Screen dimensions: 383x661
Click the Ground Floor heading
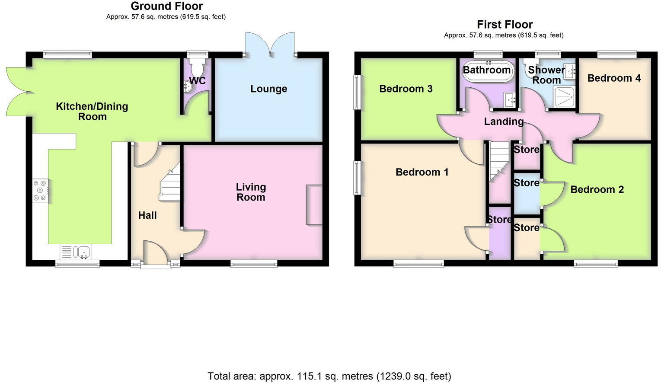click(x=166, y=6)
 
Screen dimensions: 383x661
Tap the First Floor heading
click(x=505, y=25)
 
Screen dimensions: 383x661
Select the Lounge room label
click(x=268, y=89)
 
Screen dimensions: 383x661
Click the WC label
click(x=197, y=81)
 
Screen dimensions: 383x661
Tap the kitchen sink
click(x=82, y=252)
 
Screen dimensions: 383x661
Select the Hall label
click(x=147, y=215)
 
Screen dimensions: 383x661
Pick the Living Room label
click(x=251, y=192)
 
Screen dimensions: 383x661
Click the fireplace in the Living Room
click(x=314, y=205)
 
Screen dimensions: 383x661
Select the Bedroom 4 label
click(x=614, y=78)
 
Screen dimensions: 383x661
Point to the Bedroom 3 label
click(x=406, y=89)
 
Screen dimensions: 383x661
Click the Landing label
click(x=504, y=122)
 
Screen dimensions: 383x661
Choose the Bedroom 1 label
click(x=422, y=172)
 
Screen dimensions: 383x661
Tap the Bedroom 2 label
click(x=597, y=190)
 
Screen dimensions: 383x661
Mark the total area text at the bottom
click(x=329, y=376)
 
